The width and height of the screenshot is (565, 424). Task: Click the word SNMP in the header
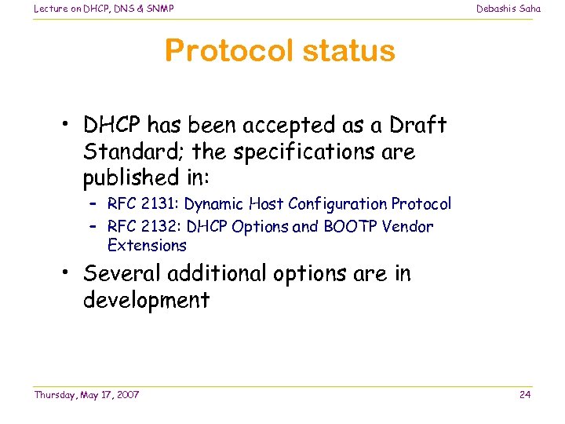(157, 9)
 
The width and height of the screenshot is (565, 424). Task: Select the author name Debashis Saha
(508, 9)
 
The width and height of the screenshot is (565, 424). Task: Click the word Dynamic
(214, 204)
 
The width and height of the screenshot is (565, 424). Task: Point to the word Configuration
(337, 205)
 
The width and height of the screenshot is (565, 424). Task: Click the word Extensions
(147, 245)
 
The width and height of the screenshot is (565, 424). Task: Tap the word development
(146, 301)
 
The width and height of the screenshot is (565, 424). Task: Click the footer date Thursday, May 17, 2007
(86, 394)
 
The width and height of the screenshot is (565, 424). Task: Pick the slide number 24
(525, 394)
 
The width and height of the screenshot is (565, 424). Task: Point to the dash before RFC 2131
(93, 205)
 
